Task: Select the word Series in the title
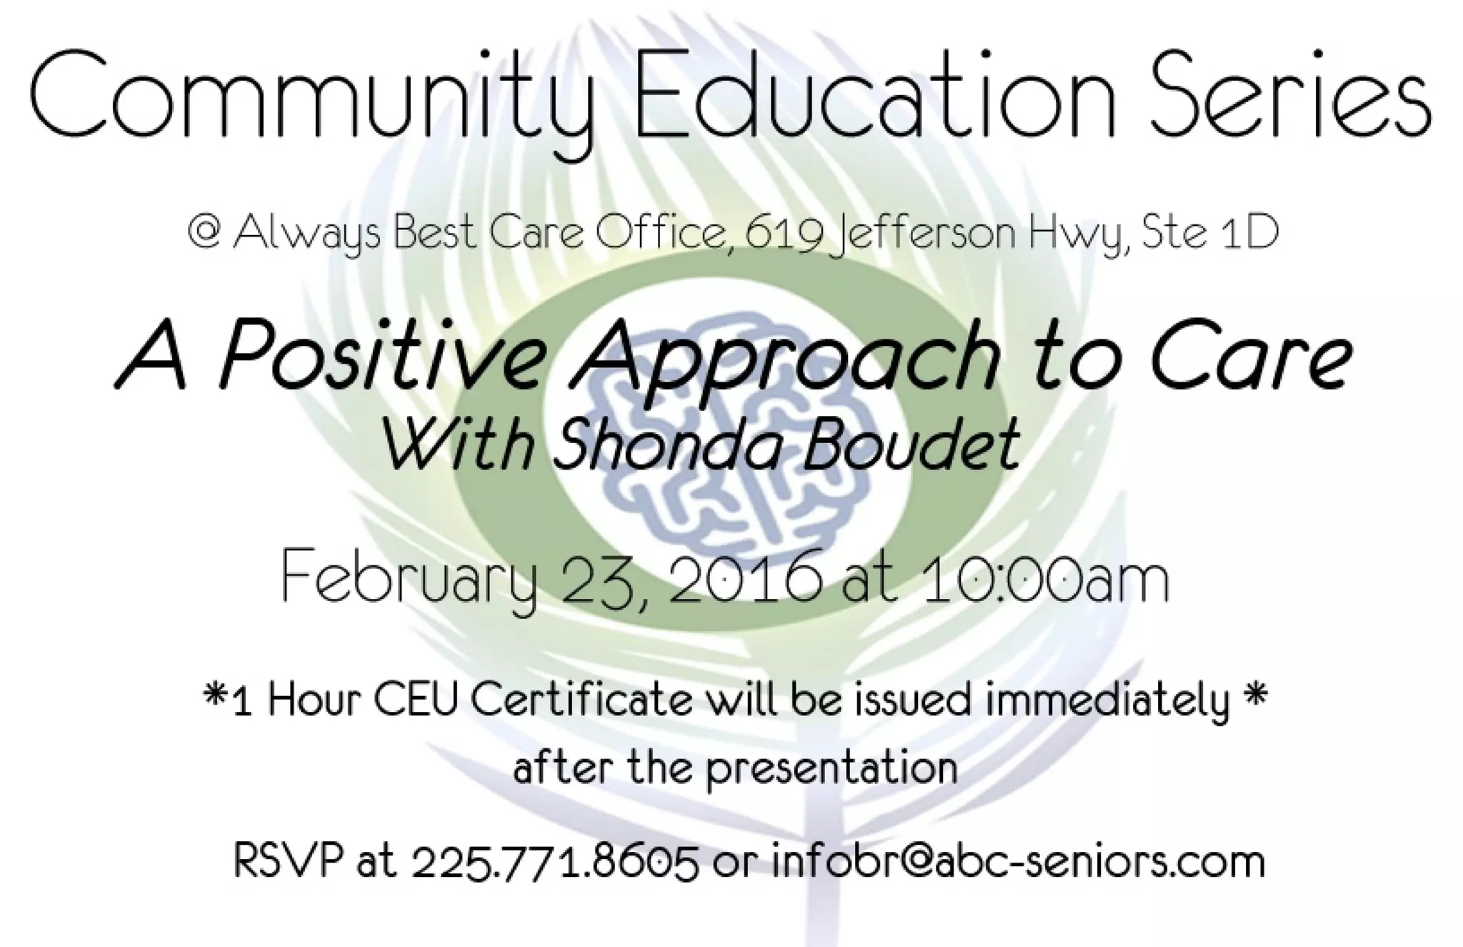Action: (x=1279, y=96)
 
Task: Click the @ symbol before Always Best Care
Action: (x=203, y=232)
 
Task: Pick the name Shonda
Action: (x=671, y=443)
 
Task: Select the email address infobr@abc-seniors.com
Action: (x=1019, y=862)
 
